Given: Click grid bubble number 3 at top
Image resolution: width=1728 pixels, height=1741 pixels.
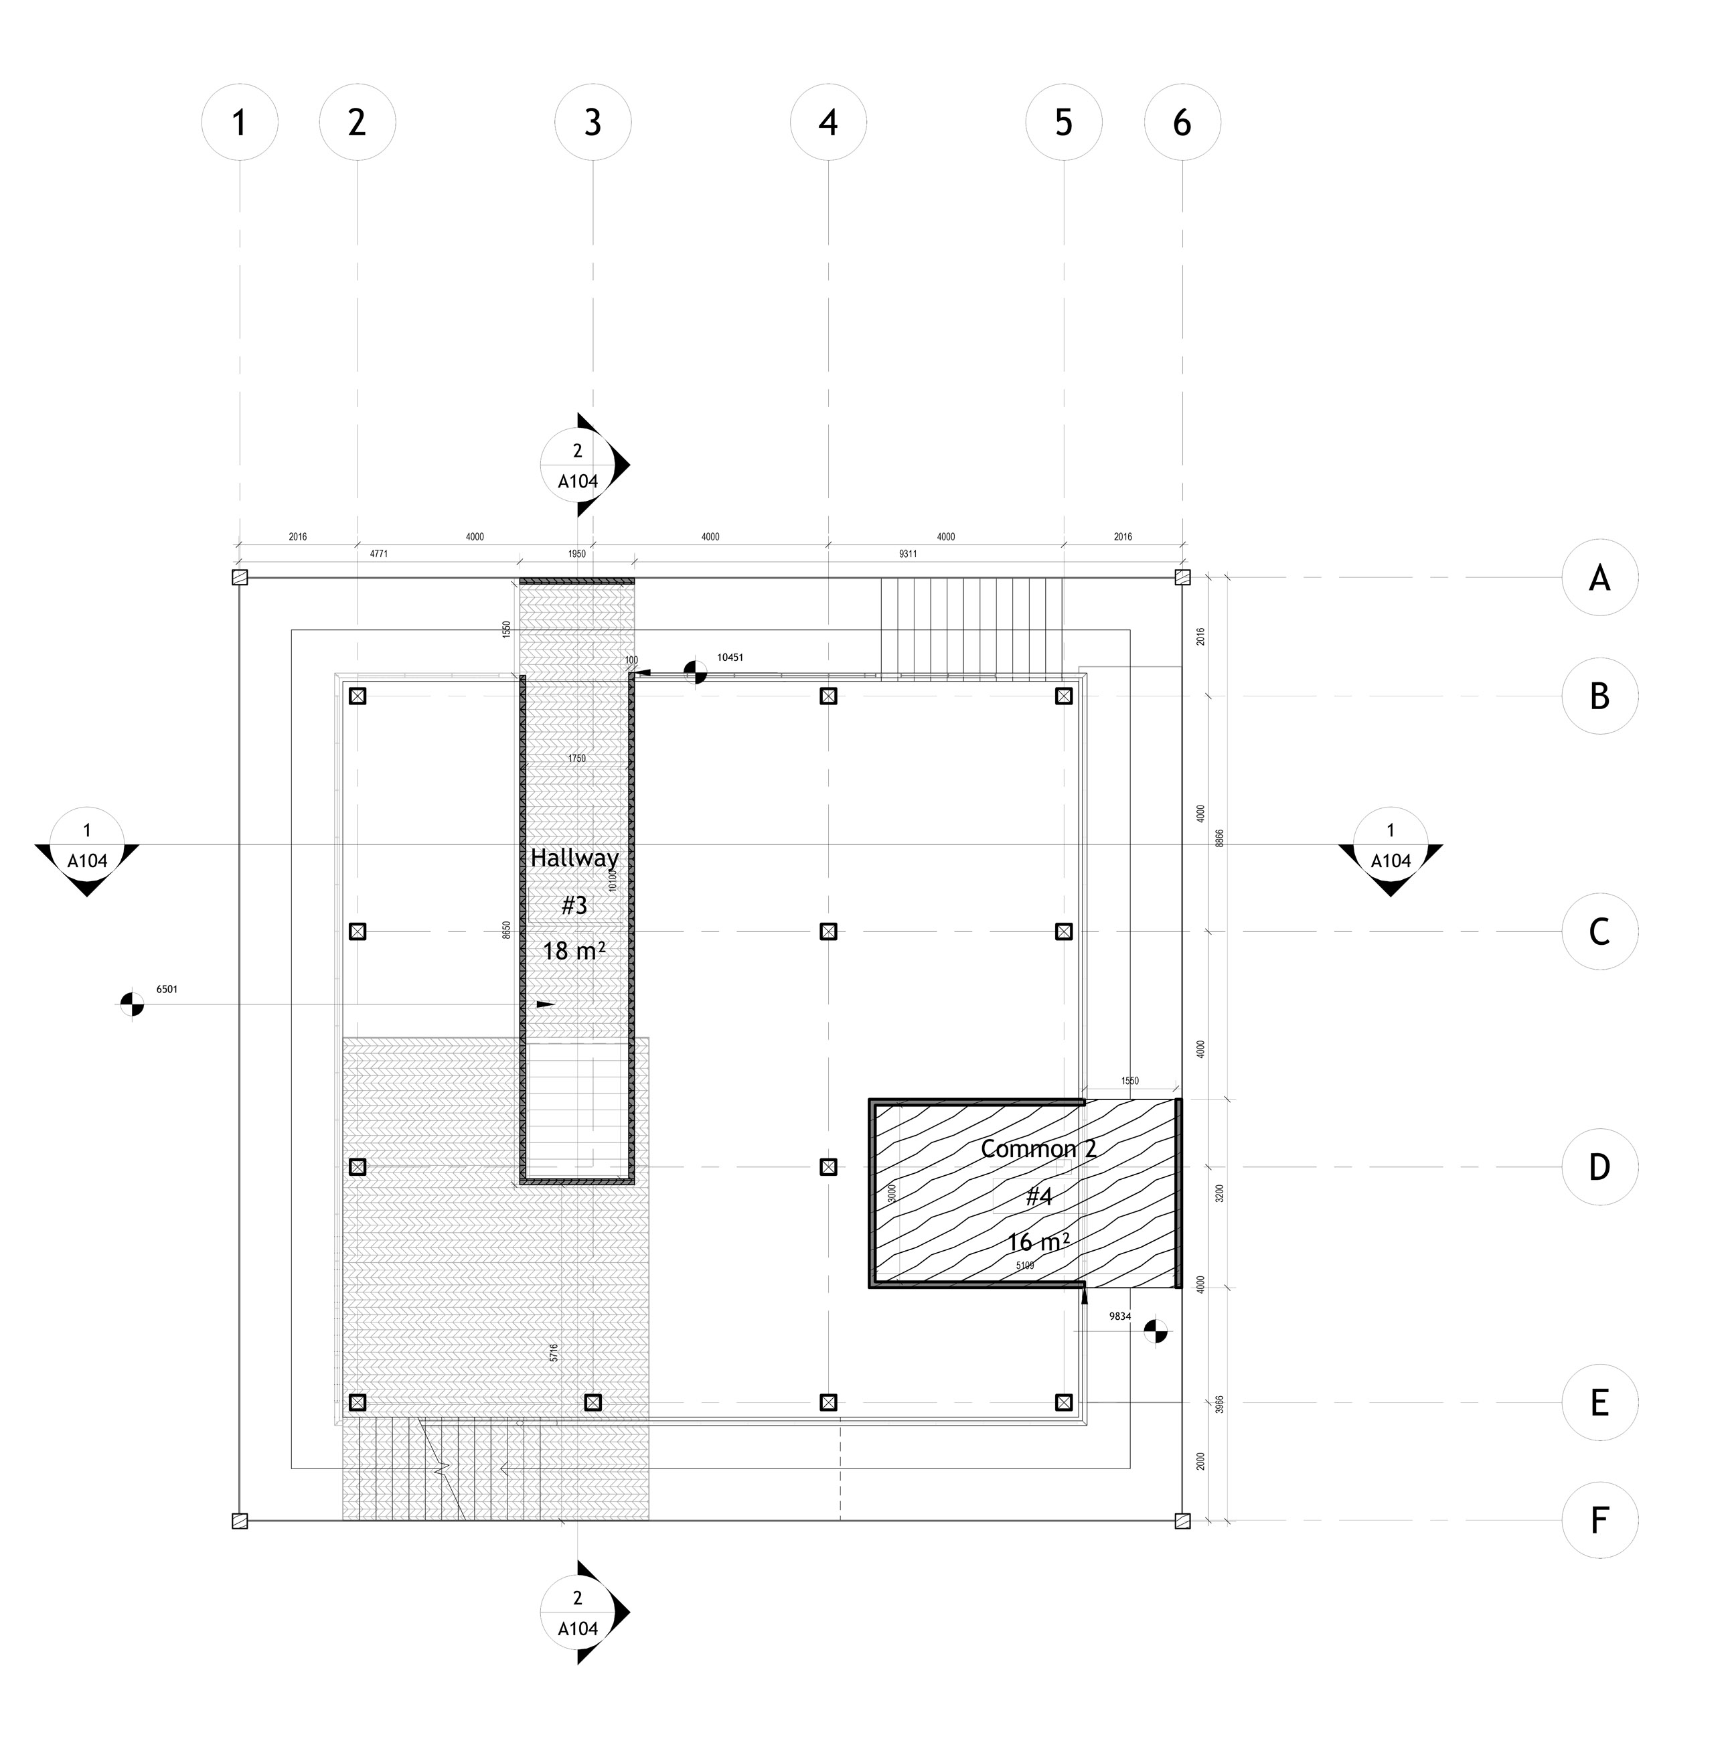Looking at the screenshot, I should pos(592,123).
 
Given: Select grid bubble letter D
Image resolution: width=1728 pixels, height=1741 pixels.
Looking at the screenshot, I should pos(1599,1167).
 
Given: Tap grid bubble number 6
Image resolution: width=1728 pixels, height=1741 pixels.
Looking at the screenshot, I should pos(1182,123).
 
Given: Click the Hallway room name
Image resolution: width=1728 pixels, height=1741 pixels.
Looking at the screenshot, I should pos(574,858).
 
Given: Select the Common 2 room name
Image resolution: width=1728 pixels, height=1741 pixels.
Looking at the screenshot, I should pos(1038,1149).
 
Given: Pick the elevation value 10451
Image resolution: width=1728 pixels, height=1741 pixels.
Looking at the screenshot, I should pos(730,658).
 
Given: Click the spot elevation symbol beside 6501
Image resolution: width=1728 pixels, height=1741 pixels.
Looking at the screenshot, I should pos(133,1004).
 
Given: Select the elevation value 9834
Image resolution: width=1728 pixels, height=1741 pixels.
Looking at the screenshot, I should pos(1120,1316).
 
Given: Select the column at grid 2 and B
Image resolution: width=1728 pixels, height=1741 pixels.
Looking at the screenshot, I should pos(358,696).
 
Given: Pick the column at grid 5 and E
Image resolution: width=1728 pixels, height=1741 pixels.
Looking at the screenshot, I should pos(1064,1402).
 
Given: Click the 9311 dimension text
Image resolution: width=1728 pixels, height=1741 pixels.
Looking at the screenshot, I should pos(907,554).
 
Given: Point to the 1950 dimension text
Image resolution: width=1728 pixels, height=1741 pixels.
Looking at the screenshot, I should pos(576,554).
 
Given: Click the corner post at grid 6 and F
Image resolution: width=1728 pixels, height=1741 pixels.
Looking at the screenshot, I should pos(1183,1521).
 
